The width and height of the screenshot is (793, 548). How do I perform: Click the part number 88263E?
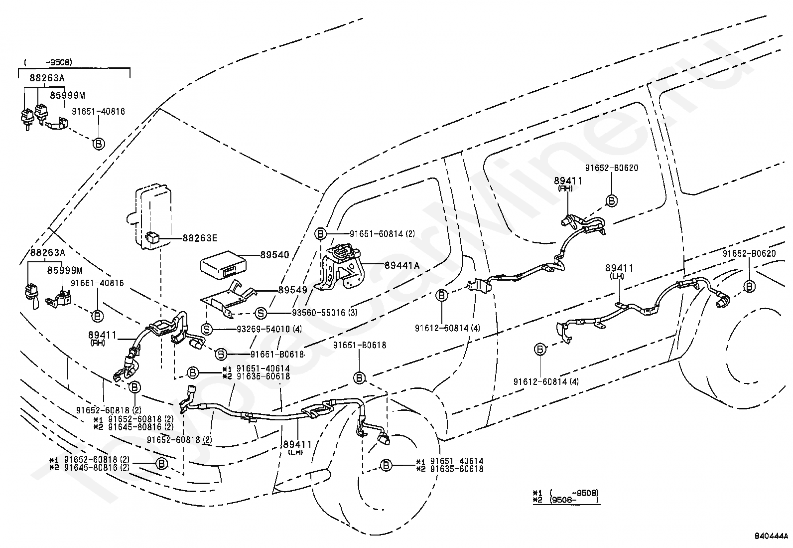(x=200, y=238)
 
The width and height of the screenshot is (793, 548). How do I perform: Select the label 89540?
(x=275, y=254)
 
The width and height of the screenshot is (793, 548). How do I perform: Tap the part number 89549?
(x=292, y=290)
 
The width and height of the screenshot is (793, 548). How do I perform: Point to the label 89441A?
(x=402, y=265)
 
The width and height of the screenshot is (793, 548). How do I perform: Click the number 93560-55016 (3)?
(x=325, y=313)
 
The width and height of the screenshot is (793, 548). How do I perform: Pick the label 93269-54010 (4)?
(x=269, y=329)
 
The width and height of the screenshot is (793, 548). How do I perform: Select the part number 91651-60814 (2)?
(x=383, y=233)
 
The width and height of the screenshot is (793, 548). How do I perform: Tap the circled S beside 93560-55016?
(x=261, y=313)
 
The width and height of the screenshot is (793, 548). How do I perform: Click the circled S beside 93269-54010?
(x=206, y=329)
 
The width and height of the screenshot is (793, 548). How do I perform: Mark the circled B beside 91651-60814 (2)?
(x=320, y=233)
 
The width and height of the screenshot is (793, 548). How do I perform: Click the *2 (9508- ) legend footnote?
(x=566, y=500)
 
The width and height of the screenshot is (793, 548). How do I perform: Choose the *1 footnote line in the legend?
(x=566, y=493)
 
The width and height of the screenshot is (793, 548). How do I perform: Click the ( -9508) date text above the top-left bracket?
(x=48, y=62)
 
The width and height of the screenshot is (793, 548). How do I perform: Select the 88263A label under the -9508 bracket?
(x=47, y=78)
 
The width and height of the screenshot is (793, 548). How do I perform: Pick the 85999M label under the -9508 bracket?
(x=67, y=95)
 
